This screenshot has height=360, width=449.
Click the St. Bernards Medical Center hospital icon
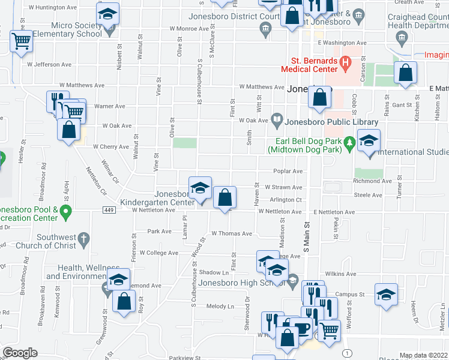pos(345,61)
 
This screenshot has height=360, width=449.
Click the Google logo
pos(20,353)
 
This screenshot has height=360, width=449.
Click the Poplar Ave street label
pos(288,171)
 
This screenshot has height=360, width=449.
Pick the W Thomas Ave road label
pos(231,233)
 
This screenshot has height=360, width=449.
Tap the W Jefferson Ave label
pos(49,64)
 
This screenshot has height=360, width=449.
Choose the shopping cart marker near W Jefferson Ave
pos(21,41)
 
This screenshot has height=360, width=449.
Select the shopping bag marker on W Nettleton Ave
pos(224,197)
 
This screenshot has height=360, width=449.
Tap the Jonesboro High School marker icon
pos(292,279)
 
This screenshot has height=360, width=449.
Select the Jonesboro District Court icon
pos(265,28)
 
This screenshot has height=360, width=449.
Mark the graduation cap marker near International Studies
pos(369,142)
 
